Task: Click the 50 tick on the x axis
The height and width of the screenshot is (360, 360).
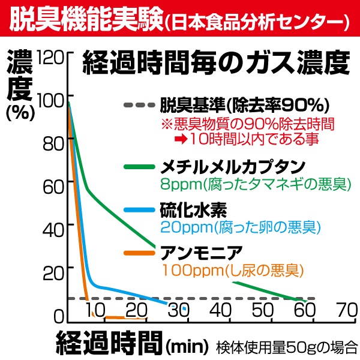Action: click(x=262, y=310)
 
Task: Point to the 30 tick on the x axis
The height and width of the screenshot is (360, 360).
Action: click(x=178, y=310)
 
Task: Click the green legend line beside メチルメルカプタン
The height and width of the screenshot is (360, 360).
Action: click(x=139, y=166)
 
